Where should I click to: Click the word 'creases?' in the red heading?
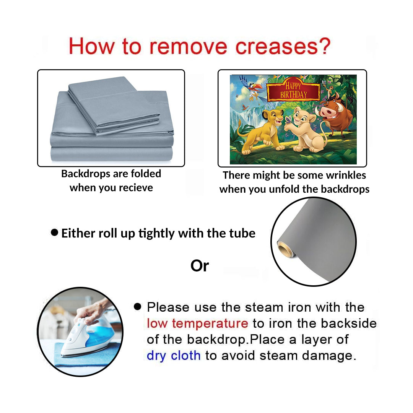pos(283,46)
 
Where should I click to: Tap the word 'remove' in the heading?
pos(188,47)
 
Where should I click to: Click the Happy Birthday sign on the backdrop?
pos(293,90)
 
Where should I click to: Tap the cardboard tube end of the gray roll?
pos(285,249)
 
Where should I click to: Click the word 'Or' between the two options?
pos(200,266)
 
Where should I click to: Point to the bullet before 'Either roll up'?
pos(55,233)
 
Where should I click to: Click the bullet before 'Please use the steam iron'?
pos(138,306)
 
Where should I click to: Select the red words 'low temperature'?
pos(197,323)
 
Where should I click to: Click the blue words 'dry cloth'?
pos(174,355)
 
